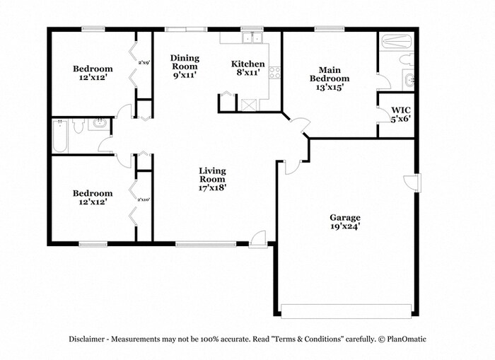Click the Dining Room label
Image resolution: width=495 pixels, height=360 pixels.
(184, 65)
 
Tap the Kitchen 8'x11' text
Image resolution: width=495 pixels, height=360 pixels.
(248, 68)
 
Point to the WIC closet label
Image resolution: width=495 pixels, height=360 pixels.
(400, 115)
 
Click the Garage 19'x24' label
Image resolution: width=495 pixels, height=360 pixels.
(345, 222)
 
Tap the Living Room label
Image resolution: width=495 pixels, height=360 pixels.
(212, 180)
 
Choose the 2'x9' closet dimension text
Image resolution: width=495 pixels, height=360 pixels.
(144, 63)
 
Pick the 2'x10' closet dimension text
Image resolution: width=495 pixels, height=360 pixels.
(144, 199)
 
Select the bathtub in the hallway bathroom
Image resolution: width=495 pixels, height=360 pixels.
(60, 136)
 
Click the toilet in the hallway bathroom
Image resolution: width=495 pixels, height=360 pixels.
(79, 127)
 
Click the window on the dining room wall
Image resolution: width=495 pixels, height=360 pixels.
(187, 29)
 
